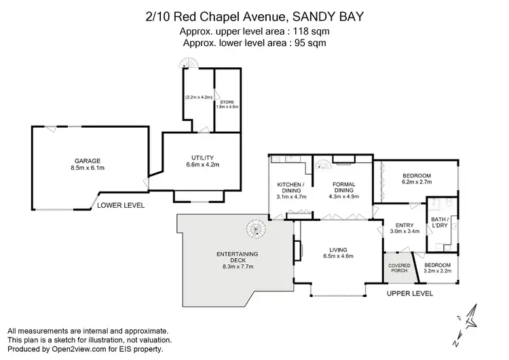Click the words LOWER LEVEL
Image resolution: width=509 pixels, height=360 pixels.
coord(121,204)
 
